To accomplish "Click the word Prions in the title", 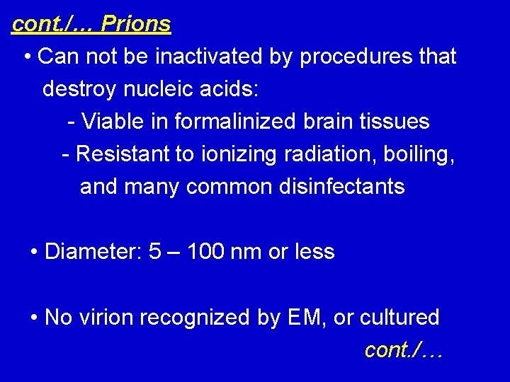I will point(135,24).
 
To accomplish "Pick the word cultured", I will point(399,318).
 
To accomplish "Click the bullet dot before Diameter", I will point(35,252).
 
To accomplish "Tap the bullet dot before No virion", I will point(35,318).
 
